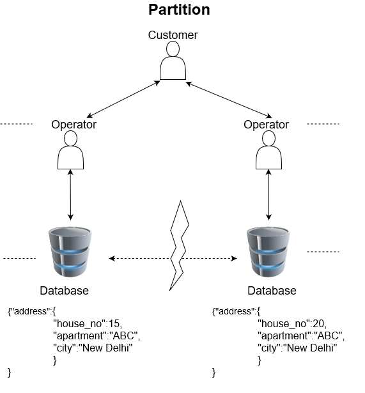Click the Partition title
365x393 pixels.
(179, 10)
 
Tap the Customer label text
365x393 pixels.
(173, 35)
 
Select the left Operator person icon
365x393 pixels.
(70, 152)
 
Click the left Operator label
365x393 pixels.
(74, 125)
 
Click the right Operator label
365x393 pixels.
(266, 125)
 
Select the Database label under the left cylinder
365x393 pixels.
(64, 291)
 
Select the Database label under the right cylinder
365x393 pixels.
(272, 291)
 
